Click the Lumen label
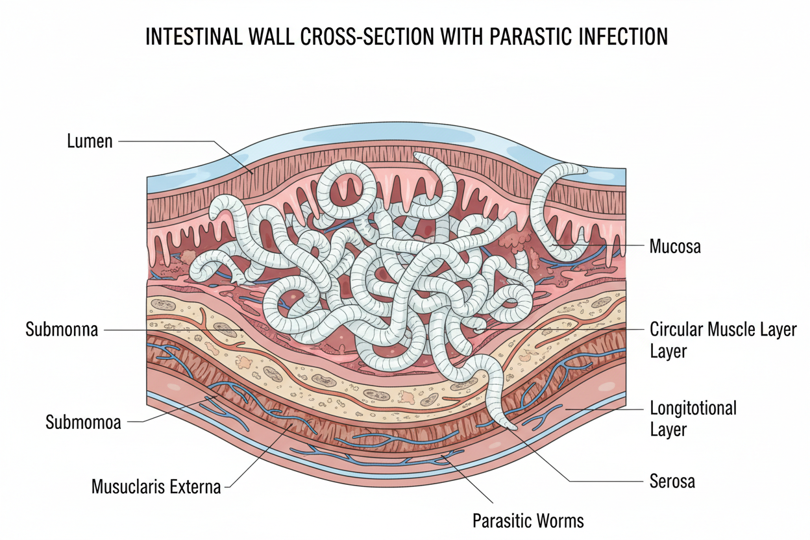click(x=90, y=141)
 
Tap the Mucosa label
click(x=675, y=247)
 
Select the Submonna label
click(x=62, y=330)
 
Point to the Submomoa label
click(x=83, y=423)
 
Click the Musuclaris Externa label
click(x=156, y=486)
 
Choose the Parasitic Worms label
click(x=528, y=521)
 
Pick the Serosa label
click(x=672, y=481)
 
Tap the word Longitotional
click(x=693, y=408)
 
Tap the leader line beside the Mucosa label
click(x=633, y=247)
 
